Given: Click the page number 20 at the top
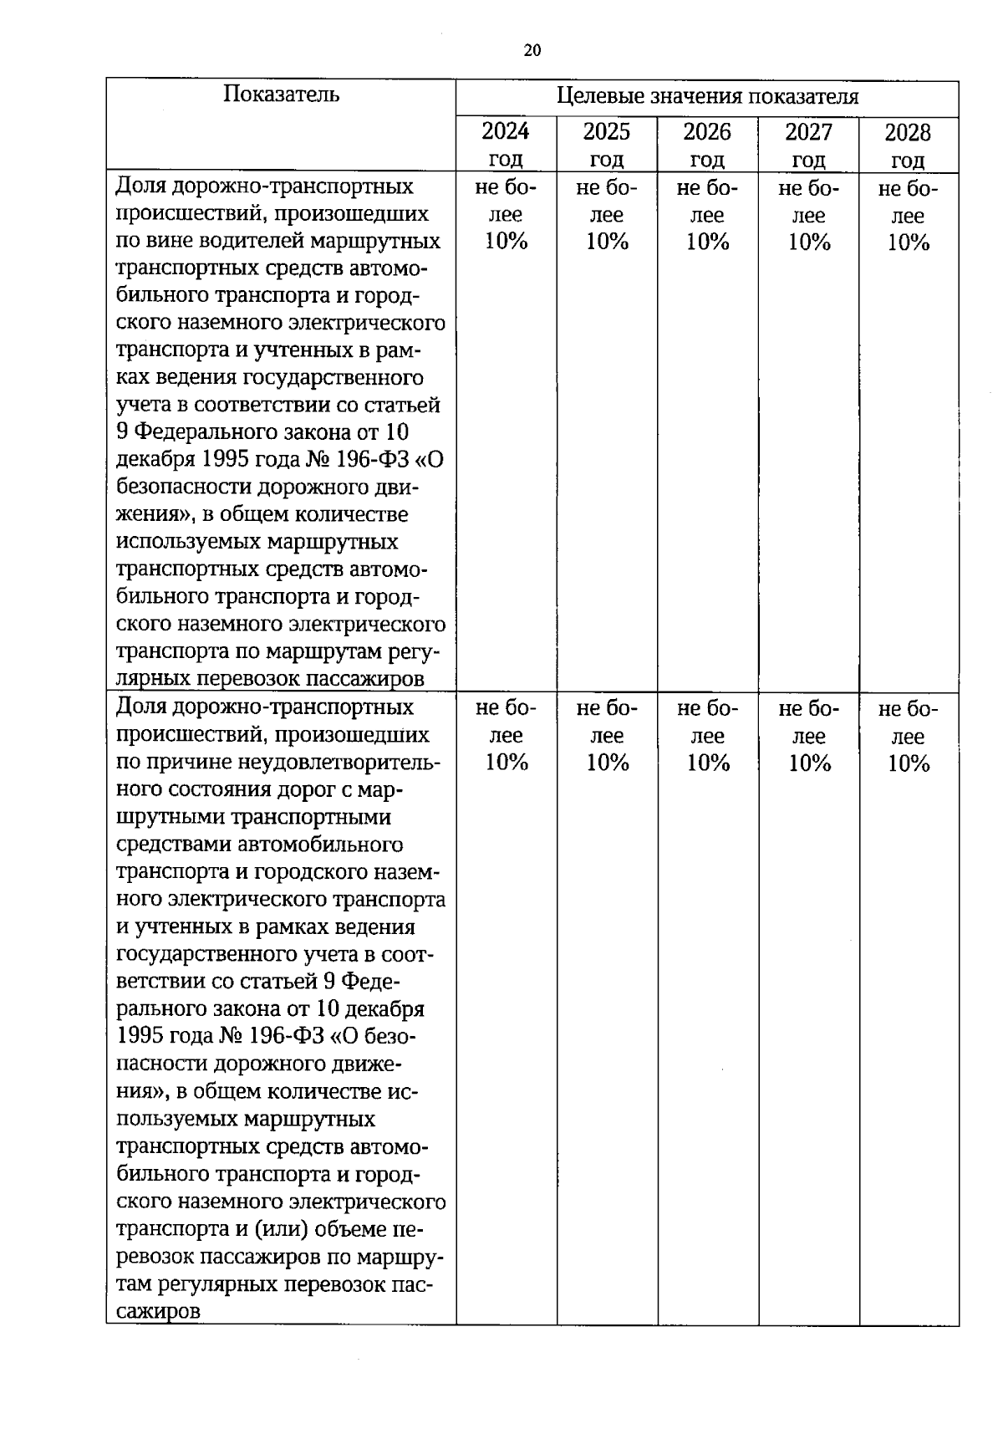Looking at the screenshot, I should click(532, 50).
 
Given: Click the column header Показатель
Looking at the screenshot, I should click(281, 94).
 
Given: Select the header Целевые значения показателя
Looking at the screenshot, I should click(707, 96).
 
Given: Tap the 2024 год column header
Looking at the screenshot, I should click(506, 144).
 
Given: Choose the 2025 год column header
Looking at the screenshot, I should click(607, 144).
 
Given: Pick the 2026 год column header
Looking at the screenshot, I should click(707, 144).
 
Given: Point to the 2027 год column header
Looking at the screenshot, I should click(808, 144).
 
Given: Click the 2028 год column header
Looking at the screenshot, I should click(908, 144).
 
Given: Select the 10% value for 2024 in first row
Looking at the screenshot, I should click(507, 242).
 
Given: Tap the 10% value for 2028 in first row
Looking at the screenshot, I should click(909, 242).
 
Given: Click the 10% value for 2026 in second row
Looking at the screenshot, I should click(708, 763).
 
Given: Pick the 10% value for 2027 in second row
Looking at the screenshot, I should click(809, 763).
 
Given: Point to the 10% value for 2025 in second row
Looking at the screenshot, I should click(608, 763).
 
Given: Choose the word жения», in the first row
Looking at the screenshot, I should click(150, 515).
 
